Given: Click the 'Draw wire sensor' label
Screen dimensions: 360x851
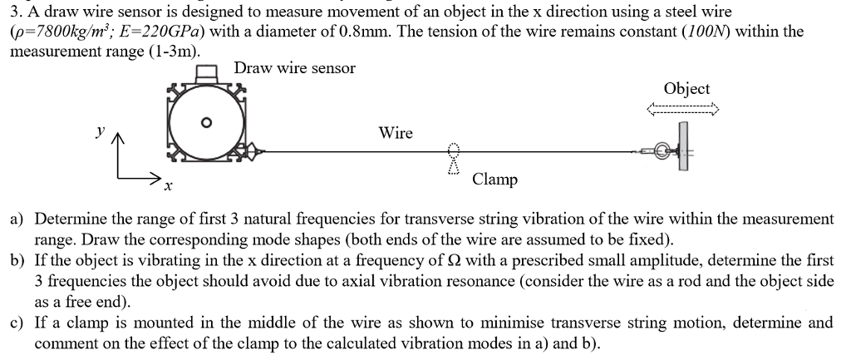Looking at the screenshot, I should click(x=294, y=68).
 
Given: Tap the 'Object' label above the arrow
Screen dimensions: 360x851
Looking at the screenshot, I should click(x=687, y=89).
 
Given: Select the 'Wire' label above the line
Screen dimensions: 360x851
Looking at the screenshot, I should click(x=396, y=133).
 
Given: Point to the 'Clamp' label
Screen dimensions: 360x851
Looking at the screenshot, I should click(x=494, y=180).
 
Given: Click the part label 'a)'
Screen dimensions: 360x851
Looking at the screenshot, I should click(x=17, y=219).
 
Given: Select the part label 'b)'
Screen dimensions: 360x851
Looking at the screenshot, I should click(x=17, y=261).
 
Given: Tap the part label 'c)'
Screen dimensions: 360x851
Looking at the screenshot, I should click(x=17, y=323).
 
